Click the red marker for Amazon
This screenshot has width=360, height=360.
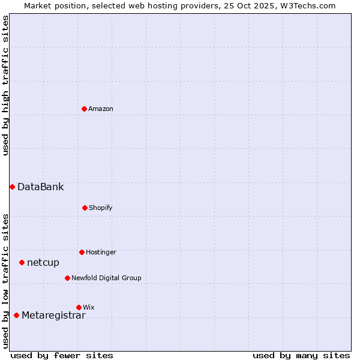[x=84, y=109]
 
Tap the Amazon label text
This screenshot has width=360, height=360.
[x=101, y=109]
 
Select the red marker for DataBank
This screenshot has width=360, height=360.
[x=12, y=187]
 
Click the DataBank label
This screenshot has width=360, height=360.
[x=40, y=187]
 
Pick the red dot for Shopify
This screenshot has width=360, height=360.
[x=85, y=208]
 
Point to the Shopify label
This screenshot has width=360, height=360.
[x=101, y=208]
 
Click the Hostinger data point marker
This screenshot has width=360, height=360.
[x=82, y=252]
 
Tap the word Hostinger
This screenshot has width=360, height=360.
[x=101, y=253]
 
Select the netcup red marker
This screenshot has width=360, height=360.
[x=22, y=262]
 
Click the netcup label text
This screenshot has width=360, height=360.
[x=43, y=263]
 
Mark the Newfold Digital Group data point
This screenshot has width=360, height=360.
[x=67, y=278]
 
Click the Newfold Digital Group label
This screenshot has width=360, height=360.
[x=106, y=278]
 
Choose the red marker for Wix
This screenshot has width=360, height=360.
[x=79, y=307]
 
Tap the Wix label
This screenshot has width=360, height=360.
[x=89, y=308]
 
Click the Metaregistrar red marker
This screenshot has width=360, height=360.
[x=16, y=315]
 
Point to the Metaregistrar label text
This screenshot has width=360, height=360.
[x=53, y=316]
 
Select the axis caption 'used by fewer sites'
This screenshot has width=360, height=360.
[x=62, y=355]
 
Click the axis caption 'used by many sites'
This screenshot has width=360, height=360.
[x=301, y=355]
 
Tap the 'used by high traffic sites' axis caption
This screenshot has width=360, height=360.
[x=6, y=85]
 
